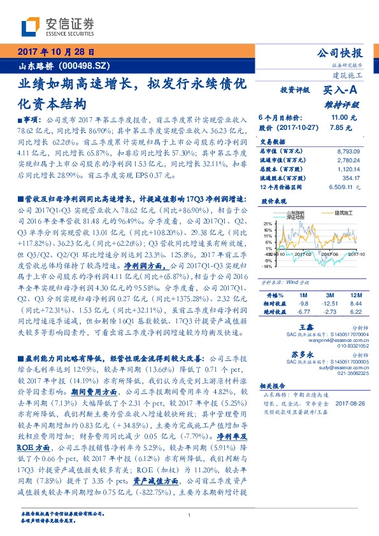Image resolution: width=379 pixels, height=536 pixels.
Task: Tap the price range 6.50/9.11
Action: click(x=345, y=187)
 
